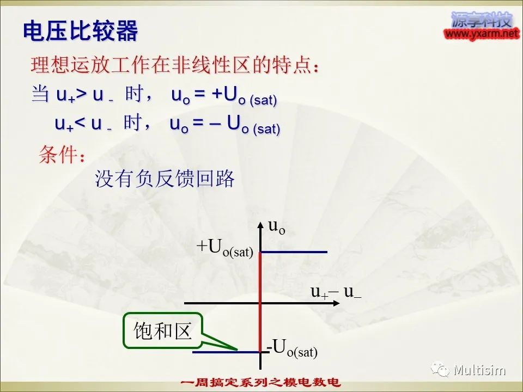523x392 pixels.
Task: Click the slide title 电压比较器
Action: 80,32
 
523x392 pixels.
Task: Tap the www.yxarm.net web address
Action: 482,34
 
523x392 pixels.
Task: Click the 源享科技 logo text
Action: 482,20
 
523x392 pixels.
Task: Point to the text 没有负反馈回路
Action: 165,179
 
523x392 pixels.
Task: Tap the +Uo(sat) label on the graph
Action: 225,248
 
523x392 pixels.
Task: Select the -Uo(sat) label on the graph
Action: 292,347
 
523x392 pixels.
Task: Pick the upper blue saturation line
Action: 294,252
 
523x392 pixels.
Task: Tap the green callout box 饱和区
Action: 162,330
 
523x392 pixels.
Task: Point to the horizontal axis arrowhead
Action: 330,302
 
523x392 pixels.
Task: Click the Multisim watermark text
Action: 479,371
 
